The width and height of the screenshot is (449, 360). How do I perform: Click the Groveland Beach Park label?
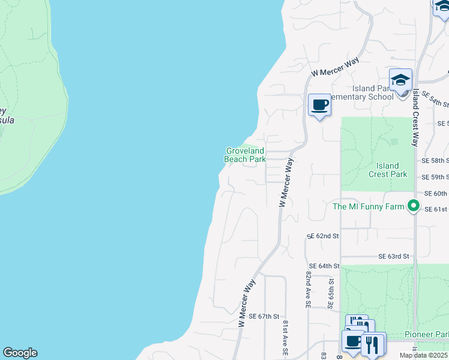pyautogui.click(x=245, y=155)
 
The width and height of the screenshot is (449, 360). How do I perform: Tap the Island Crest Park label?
pyautogui.click(x=388, y=170)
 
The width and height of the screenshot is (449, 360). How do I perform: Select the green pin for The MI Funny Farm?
pyautogui.click(x=413, y=206)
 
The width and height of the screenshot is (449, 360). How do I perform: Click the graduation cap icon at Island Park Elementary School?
pyautogui.click(x=400, y=80)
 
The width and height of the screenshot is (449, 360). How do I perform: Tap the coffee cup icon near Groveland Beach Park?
pyautogui.click(x=320, y=106)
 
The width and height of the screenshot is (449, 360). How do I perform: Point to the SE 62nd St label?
pyautogui.click(x=324, y=236)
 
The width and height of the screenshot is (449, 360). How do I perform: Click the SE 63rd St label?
pyautogui.click(x=394, y=256)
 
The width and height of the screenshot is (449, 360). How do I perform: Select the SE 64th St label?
pyautogui.click(x=324, y=266)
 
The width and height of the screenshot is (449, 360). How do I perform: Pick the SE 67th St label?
pyautogui.click(x=264, y=316)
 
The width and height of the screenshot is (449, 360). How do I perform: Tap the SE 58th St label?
pyautogui.click(x=435, y=161)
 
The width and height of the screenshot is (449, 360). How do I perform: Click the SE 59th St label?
pyautogui.click(x=435, y=177)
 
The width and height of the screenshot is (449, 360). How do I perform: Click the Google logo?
pyautogui.click(x=20, y=353)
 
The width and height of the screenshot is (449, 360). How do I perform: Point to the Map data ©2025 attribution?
pyautogui.click(x=423, y=355)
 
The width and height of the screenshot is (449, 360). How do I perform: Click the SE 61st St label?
pyautogui.click(x=436, y=209)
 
